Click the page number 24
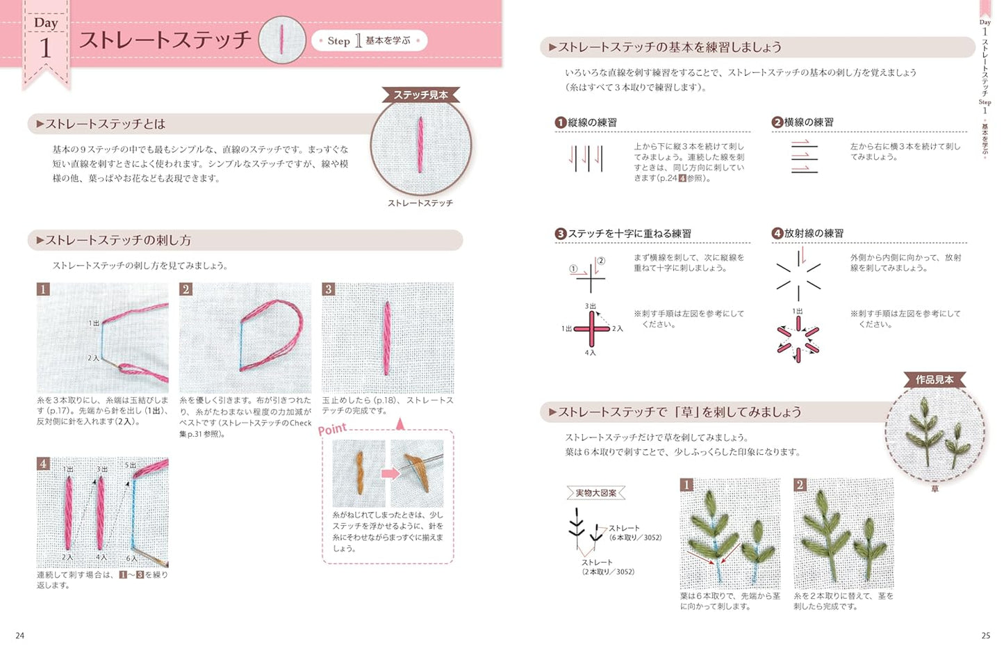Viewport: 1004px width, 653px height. click(x=19, y=635)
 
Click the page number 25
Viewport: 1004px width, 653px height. click(x=985, y=635)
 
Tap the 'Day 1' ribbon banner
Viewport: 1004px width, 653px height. click(x=46, y=42)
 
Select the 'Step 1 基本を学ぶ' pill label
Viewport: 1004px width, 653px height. click(x=369, y=40)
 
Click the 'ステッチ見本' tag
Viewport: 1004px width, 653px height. click(x=420, y=95)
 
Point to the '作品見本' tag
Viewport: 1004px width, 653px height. click(x=935, y=379)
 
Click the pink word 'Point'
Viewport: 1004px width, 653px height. click(x=332, y=429)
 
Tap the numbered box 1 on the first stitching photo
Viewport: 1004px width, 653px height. click(x=43, y=289)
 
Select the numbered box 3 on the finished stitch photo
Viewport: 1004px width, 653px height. click(x=329, y=289)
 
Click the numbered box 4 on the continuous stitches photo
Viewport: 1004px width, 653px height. click(x=43, y=464)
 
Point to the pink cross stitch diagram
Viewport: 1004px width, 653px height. click(x=591, y=329)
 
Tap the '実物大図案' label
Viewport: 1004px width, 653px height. click(x=596, y=493)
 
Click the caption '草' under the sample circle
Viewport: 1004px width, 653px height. click(x=935, y=489)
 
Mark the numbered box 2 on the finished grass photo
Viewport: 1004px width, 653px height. click(x=800, y=485)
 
